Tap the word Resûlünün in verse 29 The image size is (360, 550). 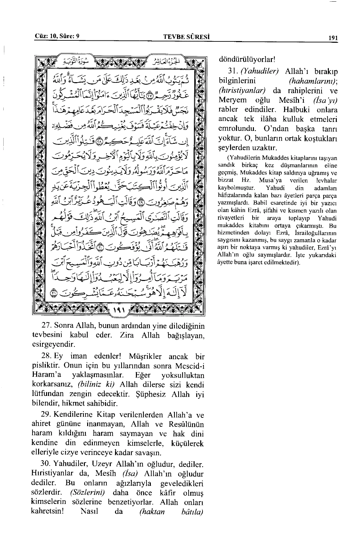187,424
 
